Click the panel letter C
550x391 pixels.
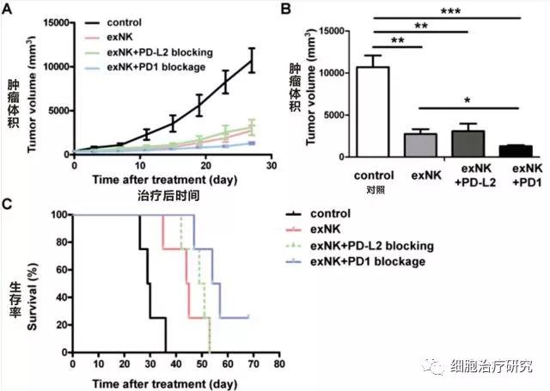coord(9,205)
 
